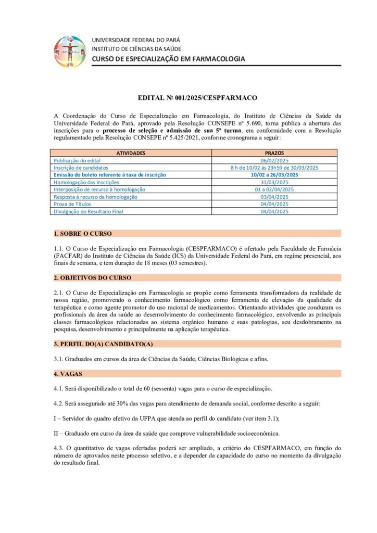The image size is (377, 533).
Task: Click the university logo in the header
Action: pyautogui.click(x=70, y=51)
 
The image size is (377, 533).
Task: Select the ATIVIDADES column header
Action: pyautogui.click(x=131, y=153)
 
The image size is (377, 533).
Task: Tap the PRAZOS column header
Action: pyautogui.click(x=274, y=153)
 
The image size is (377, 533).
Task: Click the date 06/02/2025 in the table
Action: pyautogui.click(x=274, y=160)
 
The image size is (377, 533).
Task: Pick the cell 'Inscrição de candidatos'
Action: pyautogui.click(x=81, y=168)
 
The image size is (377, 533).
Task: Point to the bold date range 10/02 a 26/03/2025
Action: pyautogui.click(x=274, y=175)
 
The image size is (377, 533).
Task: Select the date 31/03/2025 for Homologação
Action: pyautogui.click(x=274, y=182)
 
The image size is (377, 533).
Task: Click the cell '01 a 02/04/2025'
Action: pyautogui.click(x=274, y=189)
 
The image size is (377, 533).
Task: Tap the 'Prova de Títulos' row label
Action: pyautogui.click(x=72, y=204)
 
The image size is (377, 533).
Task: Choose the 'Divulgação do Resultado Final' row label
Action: pyautogui.click(x=88, y=211)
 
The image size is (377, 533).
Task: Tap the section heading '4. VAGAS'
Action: pyautogui.click(x=68, y=374)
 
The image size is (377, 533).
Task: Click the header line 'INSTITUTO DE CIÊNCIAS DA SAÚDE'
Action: pyautogui.click(x=136, y=49)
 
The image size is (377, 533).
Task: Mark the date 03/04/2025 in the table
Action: pyautogui.click(x=274, y=197)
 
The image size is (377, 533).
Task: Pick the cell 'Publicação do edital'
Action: pyautogui.click(x=77, y=160)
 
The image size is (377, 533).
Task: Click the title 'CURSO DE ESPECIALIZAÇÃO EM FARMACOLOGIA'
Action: pyautogui.click(x=168, y=59)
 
